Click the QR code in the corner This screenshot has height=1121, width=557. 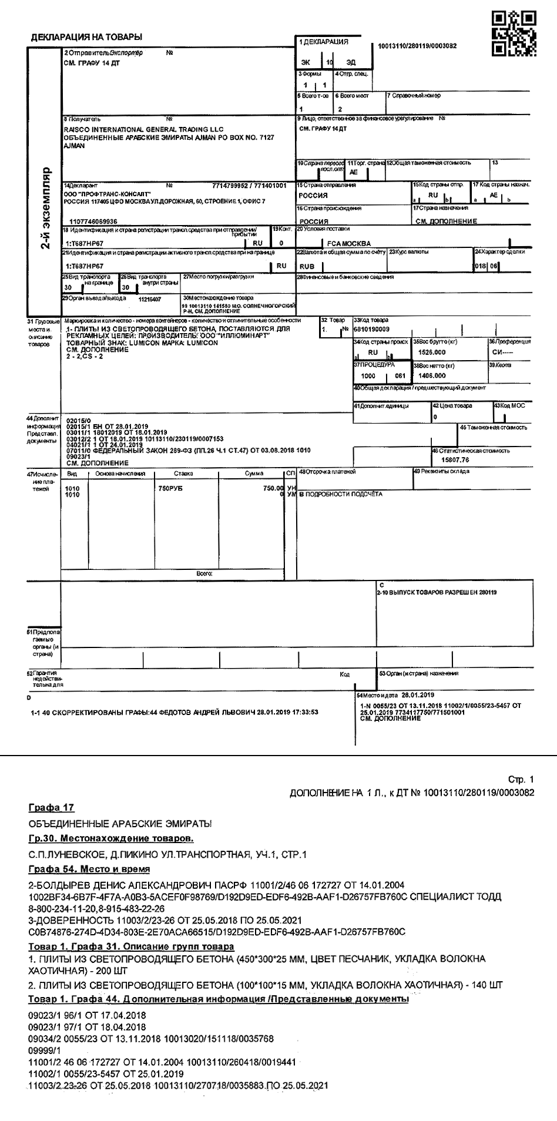[x=514, y=33]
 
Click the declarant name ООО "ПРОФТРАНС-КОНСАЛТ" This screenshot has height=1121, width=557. [x=106, y=193]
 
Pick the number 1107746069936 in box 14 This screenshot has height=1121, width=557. [x=93, y=221]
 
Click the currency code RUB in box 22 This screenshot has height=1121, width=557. [x=307, y=266]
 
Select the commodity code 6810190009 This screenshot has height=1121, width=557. [x=371, y=329]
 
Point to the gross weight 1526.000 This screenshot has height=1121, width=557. [x=432, y=352]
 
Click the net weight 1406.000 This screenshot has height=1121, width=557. [x=432, y=375]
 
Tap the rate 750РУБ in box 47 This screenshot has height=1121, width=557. [x=170, y=488]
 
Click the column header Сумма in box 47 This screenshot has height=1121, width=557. [x=254, y=473]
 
